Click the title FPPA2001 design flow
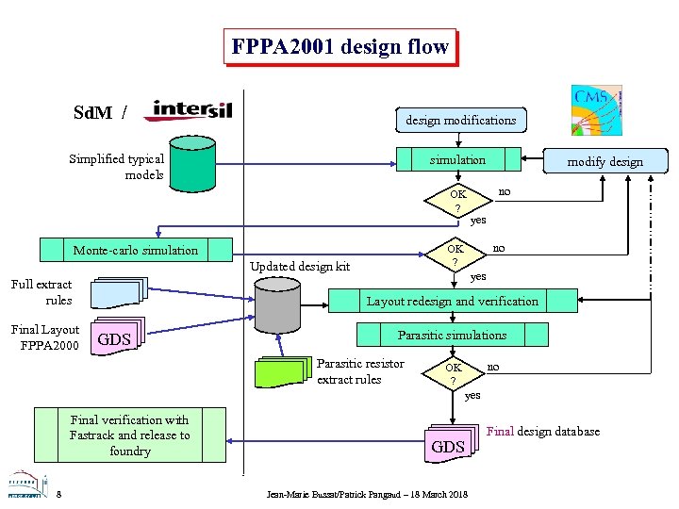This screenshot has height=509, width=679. (x=339, y=46)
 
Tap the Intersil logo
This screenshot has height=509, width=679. (x=188, y=111)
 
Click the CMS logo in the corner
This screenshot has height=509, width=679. (x=596, y=110)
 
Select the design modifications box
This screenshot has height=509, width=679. (x=460, y=120)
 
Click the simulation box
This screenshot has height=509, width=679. (x=457, y=160)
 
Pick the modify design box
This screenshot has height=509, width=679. (x=604, y=161)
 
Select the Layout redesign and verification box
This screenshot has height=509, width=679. (x=452, y=302)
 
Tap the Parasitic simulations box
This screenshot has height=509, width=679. (x=452, y=335)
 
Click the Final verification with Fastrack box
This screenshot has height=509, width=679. (x=129, y=435)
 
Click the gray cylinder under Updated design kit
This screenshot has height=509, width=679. (x=279, y=304)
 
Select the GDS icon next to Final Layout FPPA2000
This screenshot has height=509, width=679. (x=117, y=337)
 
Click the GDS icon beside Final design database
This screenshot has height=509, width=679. (x=451, y=443)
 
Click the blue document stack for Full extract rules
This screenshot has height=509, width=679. (x=121, y=292)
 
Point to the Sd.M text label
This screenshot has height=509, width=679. (x=92, y=113)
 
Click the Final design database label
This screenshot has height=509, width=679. (x=542, y=432)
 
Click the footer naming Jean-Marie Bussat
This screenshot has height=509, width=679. (x=367, y=494)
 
